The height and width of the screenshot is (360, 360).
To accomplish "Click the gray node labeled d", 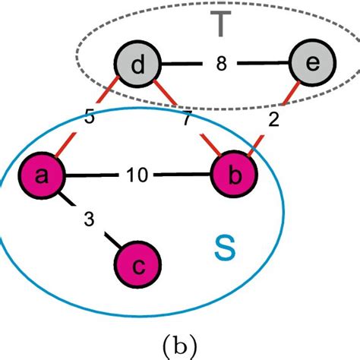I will pyautogui.click(x=137, y=66).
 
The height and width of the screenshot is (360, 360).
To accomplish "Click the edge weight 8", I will pyautogui.click(x=221, y=66).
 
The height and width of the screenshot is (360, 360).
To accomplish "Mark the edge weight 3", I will pyautogui.click(x=89, y=219).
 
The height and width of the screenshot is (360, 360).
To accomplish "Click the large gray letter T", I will pyautogui.click(x=220, y=25).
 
